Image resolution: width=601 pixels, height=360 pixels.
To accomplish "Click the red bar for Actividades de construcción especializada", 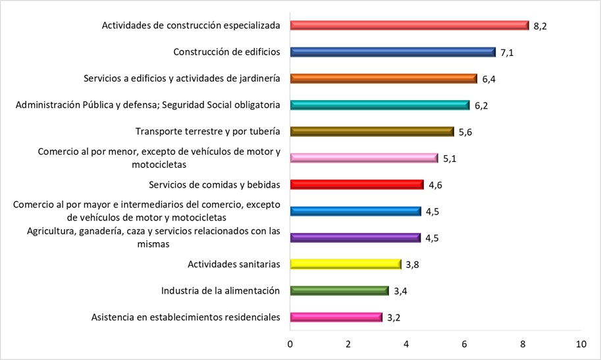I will pyautogui.click(x=409, y=26).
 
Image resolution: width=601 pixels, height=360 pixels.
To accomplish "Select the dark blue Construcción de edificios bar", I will pyautogui.click(x=392, y=52).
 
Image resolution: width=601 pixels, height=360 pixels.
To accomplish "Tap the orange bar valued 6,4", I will pyautogui.click(x=383, y=78).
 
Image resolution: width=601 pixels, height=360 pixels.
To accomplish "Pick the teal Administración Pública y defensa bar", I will pyautogui.click(x=379, y=105).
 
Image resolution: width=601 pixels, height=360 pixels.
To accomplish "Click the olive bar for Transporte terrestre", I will pyautogui.click(x=371, y=132).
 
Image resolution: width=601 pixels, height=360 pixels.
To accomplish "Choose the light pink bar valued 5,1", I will pyautogui.click(x=363, y=158).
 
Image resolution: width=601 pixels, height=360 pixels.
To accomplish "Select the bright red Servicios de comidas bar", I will pyautogui.click(x=356, y=185).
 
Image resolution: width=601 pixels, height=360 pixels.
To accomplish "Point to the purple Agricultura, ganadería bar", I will pyautogui.click(x=355, y=238).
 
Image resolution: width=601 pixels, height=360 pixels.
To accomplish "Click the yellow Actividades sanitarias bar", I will pyautogui.click(x=345, y=264).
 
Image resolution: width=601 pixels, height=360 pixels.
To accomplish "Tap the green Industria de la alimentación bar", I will pyautogui.click(x=339, y=291).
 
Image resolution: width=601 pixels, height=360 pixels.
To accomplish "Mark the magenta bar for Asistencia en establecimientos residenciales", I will pyautogui.click(x=336, y=317).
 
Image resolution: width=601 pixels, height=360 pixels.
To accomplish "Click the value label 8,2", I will pyautogui.click(x=540, y=26).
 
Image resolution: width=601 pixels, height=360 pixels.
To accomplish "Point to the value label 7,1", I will pyautogui.click(x=507, y=53).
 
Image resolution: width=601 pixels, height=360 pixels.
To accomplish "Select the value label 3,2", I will pyautogui.click(x=394, y=318).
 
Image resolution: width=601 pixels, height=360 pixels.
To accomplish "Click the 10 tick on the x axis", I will pyautogui.click(x=580, y=344).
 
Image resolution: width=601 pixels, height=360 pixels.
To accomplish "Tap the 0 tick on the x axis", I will pyautogui.click(x=290, y=344).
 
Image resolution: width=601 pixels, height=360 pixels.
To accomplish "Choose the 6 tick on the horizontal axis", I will pyautogui.click(x=464, y=344).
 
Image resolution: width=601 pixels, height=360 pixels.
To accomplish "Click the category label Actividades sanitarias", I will pyautogui.click(x=234, y=265).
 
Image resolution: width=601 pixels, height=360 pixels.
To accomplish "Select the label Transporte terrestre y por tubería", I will pyautogui.click(x=207, y=132).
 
